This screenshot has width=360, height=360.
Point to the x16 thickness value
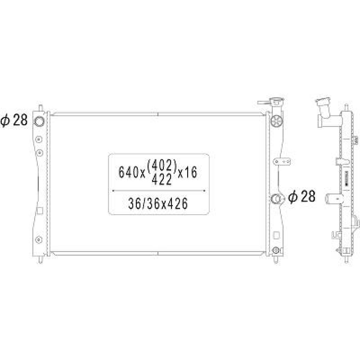click(x=188, y=173)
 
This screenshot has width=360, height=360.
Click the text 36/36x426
click(x=158, y=204)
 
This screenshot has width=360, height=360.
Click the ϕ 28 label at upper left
click(x=14, y=121)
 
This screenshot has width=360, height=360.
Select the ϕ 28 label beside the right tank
click(x=302, y=197)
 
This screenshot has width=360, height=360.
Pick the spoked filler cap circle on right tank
click(x=276, y=121)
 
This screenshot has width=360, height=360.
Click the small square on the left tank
click(x=40, y=211)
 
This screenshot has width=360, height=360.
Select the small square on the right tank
click(x=276, y=235)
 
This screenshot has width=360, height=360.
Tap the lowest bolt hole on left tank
click(x=39, y=239)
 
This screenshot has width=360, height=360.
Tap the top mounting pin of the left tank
click(x=40, y=107)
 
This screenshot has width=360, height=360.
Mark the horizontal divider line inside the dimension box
click(x=159, y=190)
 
